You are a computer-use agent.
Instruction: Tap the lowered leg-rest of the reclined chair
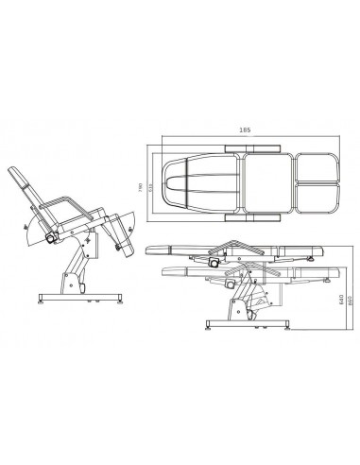[120, 232]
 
